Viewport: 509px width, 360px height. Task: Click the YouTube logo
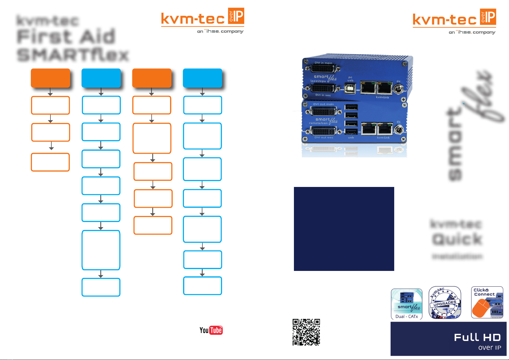tap(211, 330)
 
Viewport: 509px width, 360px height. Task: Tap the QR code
tap(306, 332)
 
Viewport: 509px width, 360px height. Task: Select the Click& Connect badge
tap(487, 302)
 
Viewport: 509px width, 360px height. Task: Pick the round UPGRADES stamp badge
tap(445, 303)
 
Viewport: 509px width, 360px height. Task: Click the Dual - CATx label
tap(407, 316)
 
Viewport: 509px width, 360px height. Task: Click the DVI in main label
tap(323, 63)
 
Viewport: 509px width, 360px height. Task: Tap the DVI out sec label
tap(324, 137)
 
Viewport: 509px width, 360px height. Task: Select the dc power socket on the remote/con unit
tap(398, 130)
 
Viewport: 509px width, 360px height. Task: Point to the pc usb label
tap(350, 79)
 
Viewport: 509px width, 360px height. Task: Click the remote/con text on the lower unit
tap(318, 123)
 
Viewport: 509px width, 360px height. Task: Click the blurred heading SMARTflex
tap(73, 55)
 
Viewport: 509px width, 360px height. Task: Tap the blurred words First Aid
tap(66, 37)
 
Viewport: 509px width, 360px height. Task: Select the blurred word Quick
tap(457, 239)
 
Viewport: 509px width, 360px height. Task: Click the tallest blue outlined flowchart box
tap(101, 250)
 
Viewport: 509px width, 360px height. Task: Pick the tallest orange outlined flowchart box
tap(152, 138)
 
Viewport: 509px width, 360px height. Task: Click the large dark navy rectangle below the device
tap(344, 229)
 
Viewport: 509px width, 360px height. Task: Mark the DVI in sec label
tap(323, 95)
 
